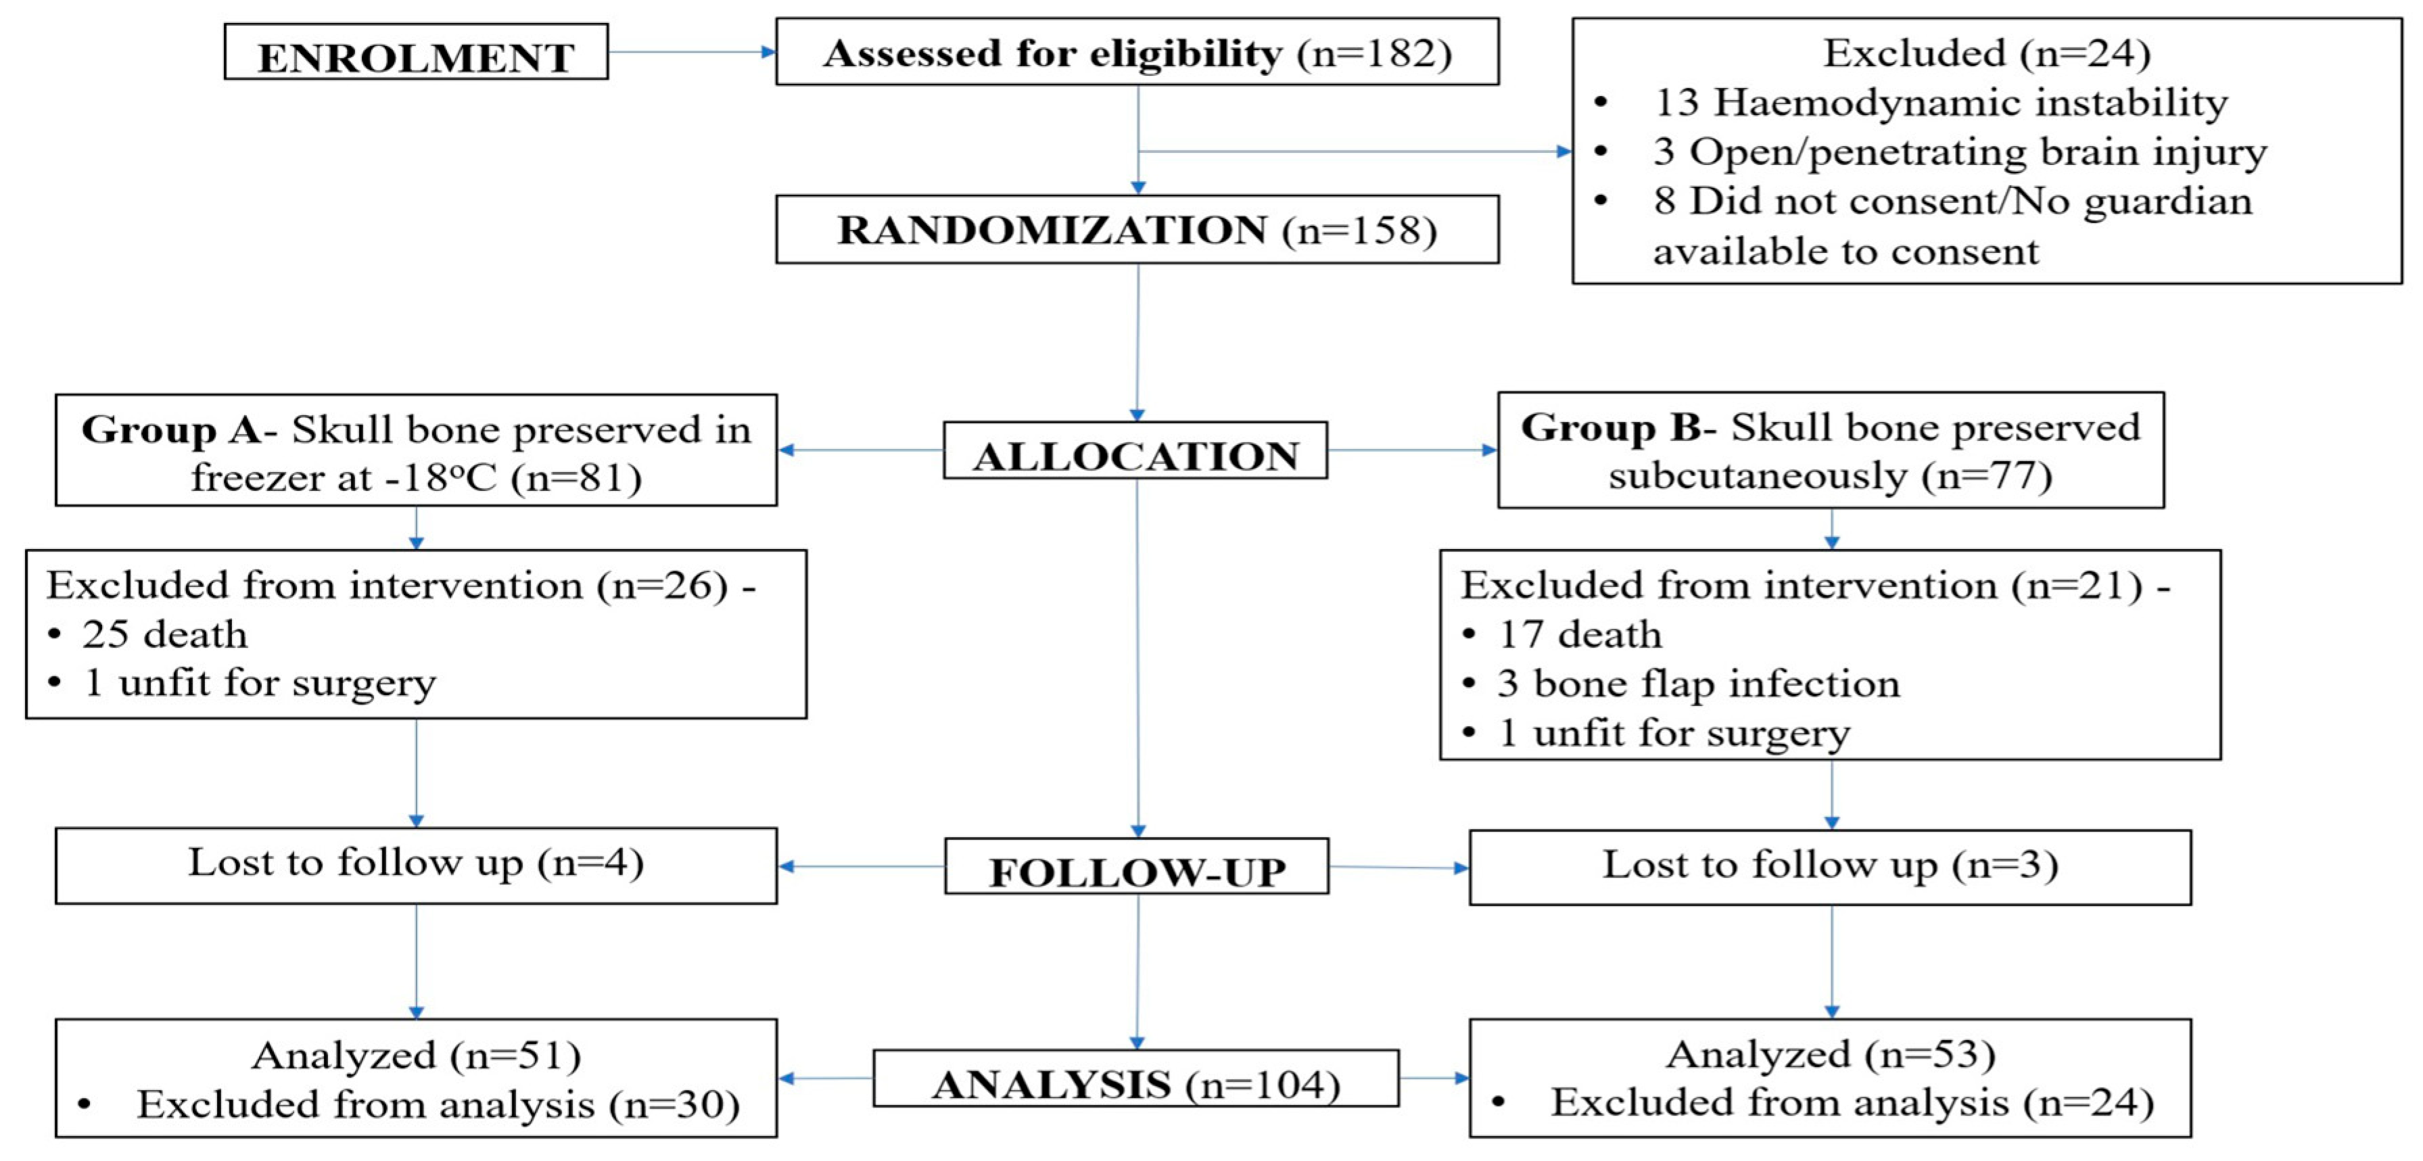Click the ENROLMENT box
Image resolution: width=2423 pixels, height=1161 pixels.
(x=416, y=53)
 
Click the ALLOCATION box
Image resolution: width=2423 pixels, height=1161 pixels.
(x=1135, y=452)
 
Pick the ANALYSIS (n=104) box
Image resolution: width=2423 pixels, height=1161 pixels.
(x=1135, y=1081)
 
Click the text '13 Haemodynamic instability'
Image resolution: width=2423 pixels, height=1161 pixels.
(x=1939, y=103)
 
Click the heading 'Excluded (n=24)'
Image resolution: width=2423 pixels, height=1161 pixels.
(x=1987, y=53)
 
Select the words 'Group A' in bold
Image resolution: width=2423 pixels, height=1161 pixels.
(x=171, y=430)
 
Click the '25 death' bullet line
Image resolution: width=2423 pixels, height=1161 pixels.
(x=164, y=635)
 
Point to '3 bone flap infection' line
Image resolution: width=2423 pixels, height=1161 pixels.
(x=1698, y=684)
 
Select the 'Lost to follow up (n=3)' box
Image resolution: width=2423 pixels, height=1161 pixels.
(x=1829, y=866)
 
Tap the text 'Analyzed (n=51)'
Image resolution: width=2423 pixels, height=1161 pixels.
(x=416, y=1056)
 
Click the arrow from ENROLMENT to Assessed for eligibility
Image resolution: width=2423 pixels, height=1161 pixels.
(x=691, y=53)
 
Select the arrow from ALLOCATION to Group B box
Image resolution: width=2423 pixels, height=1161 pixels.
(x=1411, y=450)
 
